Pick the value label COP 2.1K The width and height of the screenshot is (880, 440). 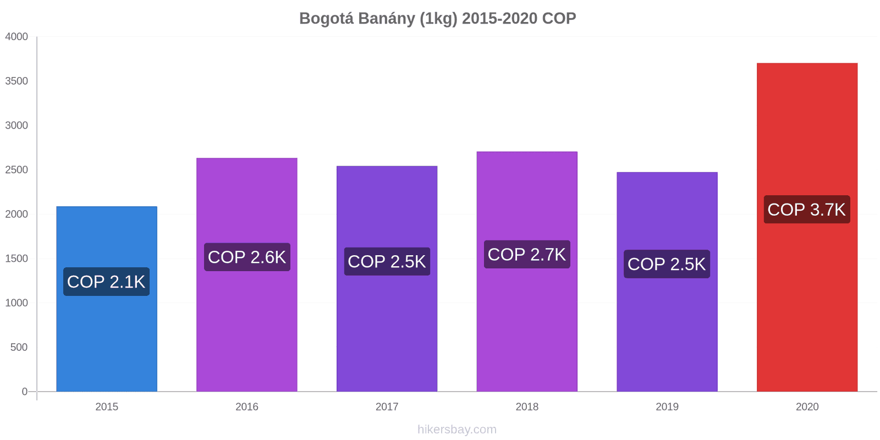click(106, 282)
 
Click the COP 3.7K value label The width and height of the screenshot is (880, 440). click(807, 210)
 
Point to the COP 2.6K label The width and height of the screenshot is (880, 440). click(247, 257)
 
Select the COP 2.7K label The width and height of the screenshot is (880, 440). click(527, 255)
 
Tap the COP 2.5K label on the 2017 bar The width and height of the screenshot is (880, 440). click(387, 262)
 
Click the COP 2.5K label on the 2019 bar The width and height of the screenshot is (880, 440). click(667, 264)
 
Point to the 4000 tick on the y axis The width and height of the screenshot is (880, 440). click(16, 37)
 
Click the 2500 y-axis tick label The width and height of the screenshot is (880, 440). click(16, 170)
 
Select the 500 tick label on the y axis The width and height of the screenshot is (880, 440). click(19, 347)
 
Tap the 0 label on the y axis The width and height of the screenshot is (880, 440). click(24, 392)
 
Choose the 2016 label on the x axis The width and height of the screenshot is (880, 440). click(247, 407)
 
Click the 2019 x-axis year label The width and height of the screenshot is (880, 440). click(667, 407)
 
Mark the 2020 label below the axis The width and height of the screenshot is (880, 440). click(807, 407)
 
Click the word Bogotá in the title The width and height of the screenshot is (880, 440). click(326, 19)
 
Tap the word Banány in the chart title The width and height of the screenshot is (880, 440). click(387, 19)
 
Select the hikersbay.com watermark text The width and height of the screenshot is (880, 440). click(457, 430)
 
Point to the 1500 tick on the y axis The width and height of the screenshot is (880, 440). click(16, 258)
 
